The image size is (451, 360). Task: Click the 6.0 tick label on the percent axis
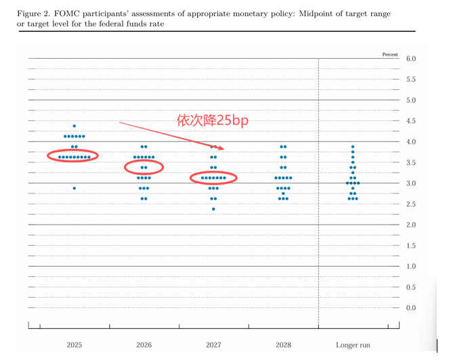pyautogui.click(x=410, y=59)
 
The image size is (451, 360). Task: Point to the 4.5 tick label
pyautogui.click(x=410, y=121)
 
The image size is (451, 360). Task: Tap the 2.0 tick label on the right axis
pyautogui.click(x=410, y=225)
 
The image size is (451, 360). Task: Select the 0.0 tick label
pyautogui.click(x=410, y=308)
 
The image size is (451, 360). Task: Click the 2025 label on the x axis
pyautogui.click(x=74, y=345)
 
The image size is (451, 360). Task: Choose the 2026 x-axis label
pyautogui.click(x=144, y=345)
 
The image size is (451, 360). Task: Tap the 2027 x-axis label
pyautogui.click(x=213, y=345)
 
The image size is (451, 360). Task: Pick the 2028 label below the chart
pyautogui.click(x=283, y=345)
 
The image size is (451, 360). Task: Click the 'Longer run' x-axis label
pyautogui.click(x=352, y=345)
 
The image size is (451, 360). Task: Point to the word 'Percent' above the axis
pyautogui.click(x=390, y=53)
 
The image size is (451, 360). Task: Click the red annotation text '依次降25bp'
pyautogui.click(x=213, y=120)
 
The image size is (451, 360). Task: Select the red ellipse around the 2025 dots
pyautogui.click(x=73, y=156)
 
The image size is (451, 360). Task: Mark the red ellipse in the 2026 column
pyautogui.click(x=144, y=166)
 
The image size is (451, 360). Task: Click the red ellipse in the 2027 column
pyautogui.click(x=213, y=178)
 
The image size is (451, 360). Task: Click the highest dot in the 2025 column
pyautogui.click(x=74, y=127)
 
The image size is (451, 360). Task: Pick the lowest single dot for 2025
pyautogui.click(x=74, y=188)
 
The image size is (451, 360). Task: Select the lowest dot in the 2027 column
pyautogui.click(x=213, y=209)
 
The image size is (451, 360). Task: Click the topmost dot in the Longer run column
pyautogui.click(x=353, y=147)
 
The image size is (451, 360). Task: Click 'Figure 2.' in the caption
pyautogui.click(x=33, y=14)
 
